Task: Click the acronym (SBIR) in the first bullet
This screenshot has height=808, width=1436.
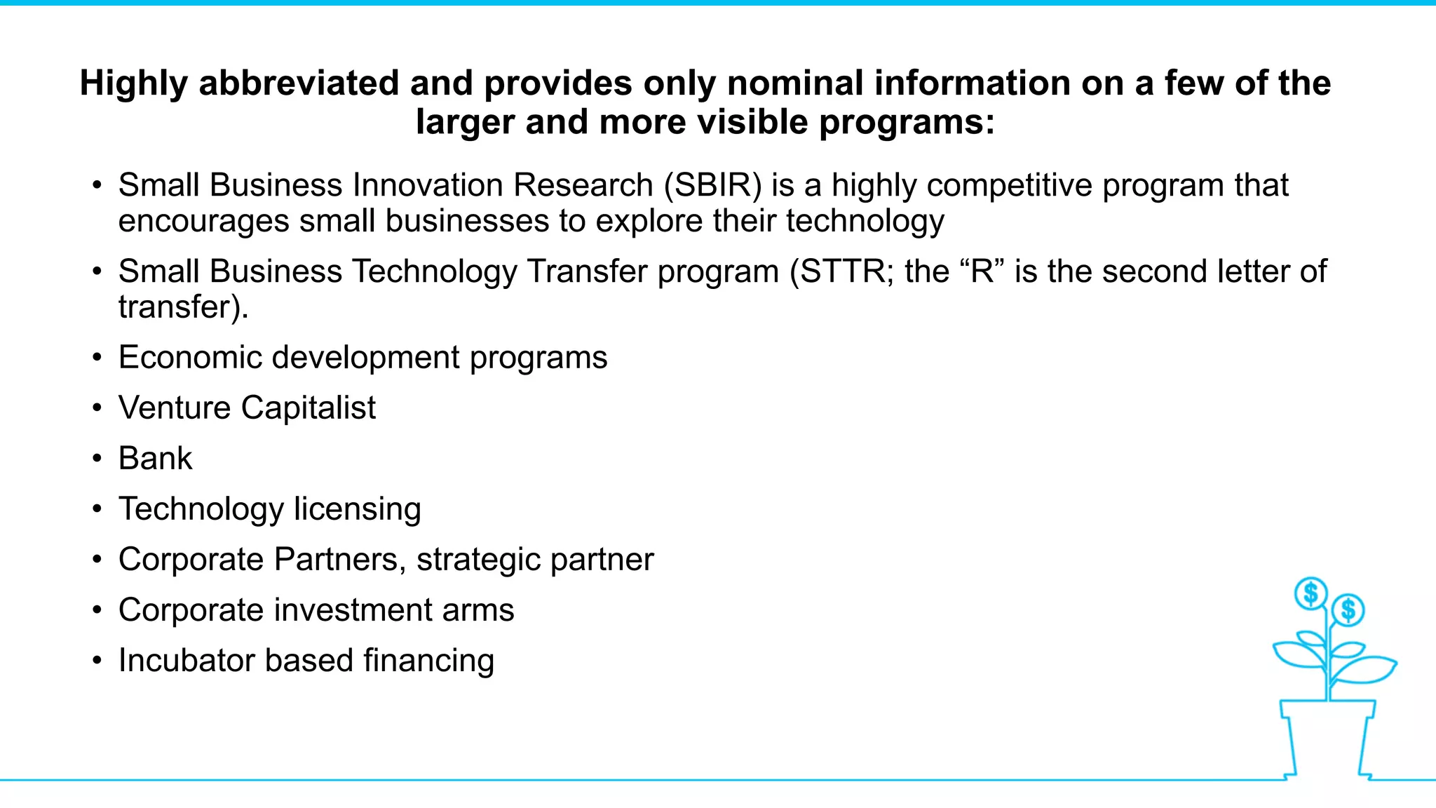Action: point(712,186)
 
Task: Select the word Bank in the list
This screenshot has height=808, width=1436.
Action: point(155,459)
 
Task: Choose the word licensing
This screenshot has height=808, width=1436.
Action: point(357,510)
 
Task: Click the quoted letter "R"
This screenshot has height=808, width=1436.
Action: point(982,271)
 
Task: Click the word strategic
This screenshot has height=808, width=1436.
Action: point(477,560)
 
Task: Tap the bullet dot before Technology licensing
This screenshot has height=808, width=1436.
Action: point(97,509)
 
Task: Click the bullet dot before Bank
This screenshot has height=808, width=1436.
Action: point(97,459)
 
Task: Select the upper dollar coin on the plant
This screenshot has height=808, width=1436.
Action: point(1310,594)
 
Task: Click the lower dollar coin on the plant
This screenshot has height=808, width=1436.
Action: point(1348,610)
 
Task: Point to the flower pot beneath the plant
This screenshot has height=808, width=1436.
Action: point(1327,736)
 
